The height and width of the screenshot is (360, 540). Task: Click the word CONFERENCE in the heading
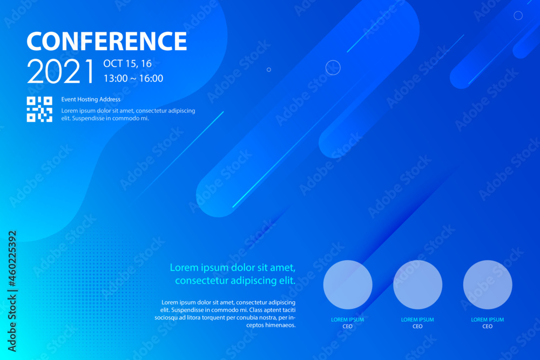point(106,42)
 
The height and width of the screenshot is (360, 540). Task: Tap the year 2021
point(61,72)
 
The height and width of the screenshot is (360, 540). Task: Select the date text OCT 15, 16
point(127,64)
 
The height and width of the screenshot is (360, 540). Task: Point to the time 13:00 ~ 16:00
point(133,79)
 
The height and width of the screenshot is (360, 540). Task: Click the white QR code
point(39,109)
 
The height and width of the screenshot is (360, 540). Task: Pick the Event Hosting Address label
point(91,99)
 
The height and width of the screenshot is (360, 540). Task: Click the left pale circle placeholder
point(348,284)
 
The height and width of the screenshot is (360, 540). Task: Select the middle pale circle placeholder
point(417,284)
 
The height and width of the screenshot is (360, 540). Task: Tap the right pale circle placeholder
point(488,284)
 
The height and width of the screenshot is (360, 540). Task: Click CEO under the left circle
point(348,327)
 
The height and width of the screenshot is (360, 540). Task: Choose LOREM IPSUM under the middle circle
point(417,320)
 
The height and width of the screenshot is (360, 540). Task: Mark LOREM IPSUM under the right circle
point(488,320)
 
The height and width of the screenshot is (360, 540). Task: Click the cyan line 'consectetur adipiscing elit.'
point(235,281)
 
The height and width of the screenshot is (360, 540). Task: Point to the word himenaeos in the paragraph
point(281,325)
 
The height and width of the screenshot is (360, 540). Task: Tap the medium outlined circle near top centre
point(333,67)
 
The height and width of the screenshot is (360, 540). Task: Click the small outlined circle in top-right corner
point(518,16)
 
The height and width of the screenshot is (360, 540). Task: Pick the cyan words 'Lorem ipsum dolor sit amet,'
point(233,267)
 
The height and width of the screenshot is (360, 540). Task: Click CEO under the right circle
point(488,327)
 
